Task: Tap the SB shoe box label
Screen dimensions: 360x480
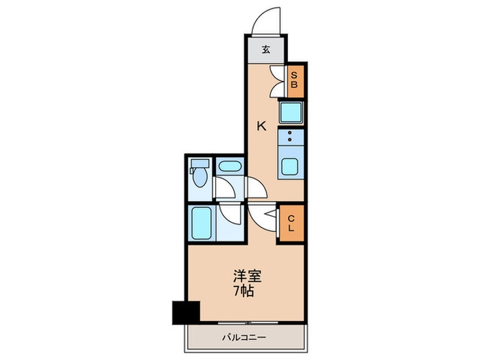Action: pos(293,81)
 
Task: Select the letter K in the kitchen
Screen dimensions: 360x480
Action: pos(261,125)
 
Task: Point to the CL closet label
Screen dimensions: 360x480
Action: pos(291,224)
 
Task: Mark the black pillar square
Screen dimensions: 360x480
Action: pos(185,312)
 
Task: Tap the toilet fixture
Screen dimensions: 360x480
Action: pos(199,177)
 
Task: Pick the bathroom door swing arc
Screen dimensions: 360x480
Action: pos(230,214)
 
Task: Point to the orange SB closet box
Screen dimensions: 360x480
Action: pos(293,81)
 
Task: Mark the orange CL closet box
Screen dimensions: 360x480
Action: pos(291,224)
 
